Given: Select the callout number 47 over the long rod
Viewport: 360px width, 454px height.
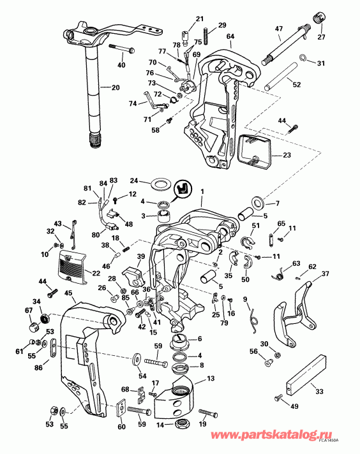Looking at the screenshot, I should coord(278,29).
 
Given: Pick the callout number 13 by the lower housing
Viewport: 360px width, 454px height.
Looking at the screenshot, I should coord(211,378).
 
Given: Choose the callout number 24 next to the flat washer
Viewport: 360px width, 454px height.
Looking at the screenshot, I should coord(135,180).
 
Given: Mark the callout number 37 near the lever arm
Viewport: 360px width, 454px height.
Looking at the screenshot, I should coord(326,274).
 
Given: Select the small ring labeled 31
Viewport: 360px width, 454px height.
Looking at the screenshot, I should coord(305,62).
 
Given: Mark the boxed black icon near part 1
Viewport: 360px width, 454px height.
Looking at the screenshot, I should coord(184,188).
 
